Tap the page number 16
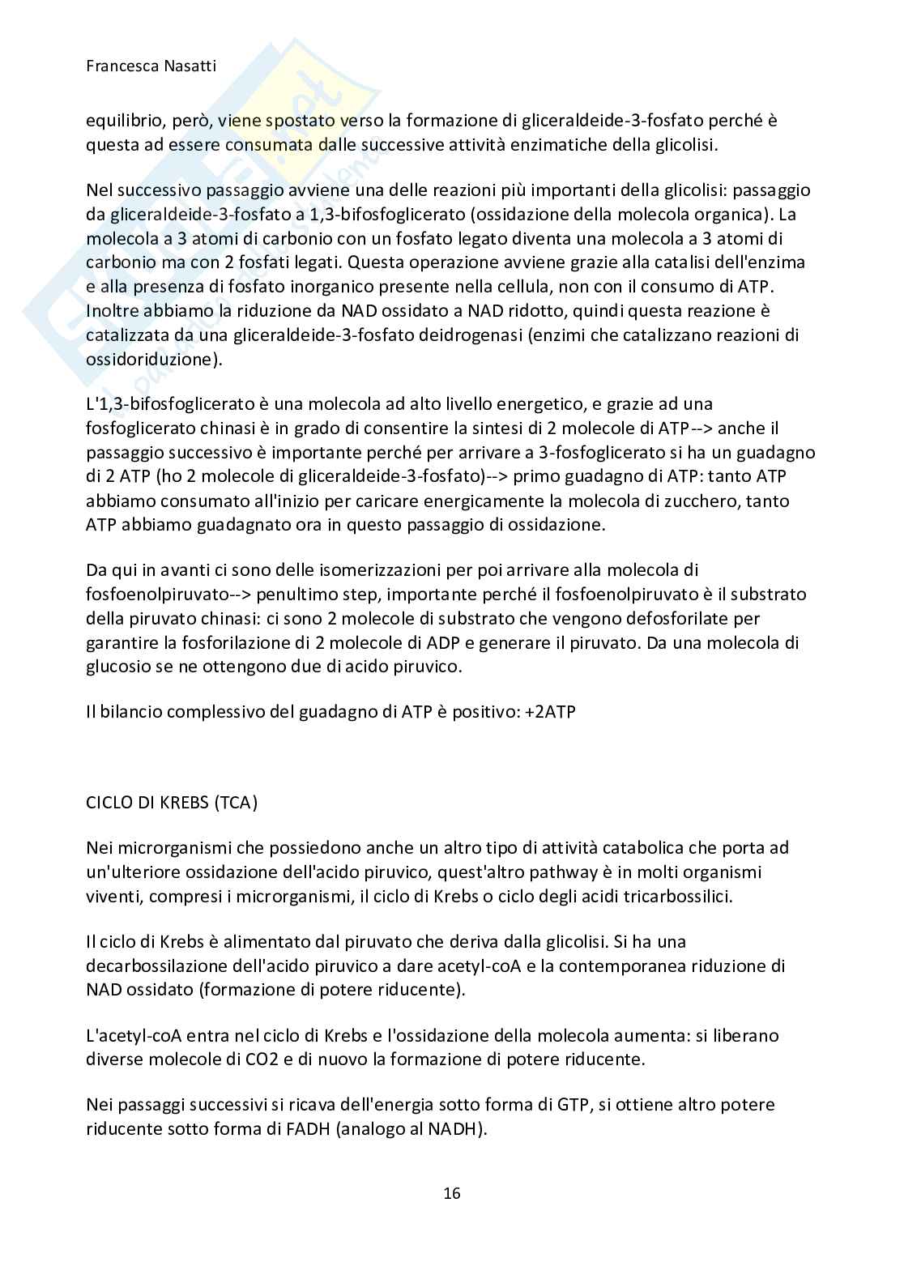point(452,1192)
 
